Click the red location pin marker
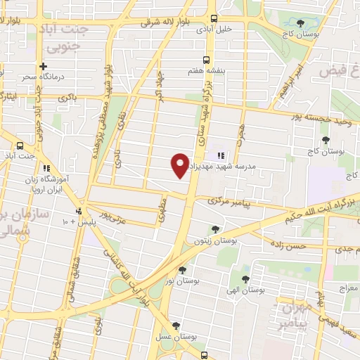point(180,165)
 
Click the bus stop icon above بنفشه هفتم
point(206,60)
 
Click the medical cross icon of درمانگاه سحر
point(44,65)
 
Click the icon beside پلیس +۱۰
point(79,210)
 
